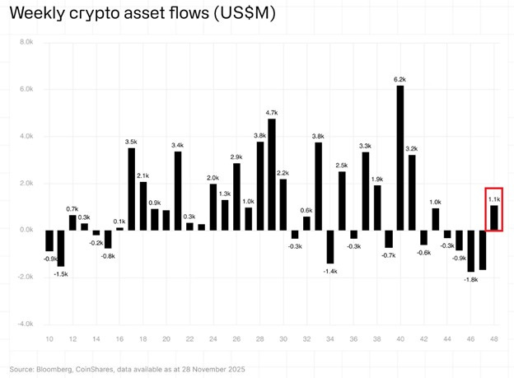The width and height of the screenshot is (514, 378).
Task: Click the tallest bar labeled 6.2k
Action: [400, 156]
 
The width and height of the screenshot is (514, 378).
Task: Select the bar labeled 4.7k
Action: [272, 174]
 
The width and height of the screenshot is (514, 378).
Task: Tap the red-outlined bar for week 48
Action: [494, 217]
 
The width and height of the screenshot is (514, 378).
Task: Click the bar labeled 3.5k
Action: [131, 189]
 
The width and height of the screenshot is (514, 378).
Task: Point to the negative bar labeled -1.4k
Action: [330, 246]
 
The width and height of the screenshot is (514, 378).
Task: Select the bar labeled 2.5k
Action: [342, 200]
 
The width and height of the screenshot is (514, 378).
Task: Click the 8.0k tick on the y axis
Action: [25, 41]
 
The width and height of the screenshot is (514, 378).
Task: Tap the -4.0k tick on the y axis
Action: [24, 324]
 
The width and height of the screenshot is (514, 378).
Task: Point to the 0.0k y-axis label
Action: [25, 230]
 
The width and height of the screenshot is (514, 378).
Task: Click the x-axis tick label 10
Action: [49, 339]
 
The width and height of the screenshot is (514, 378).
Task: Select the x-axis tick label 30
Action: [283, 339]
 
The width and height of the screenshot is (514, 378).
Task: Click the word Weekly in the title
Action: [38, 15]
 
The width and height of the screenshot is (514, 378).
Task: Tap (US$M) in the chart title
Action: [245, 15]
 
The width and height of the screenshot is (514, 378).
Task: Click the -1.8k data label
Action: [470, 279]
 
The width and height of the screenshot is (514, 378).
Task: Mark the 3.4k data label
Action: [178, 145]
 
